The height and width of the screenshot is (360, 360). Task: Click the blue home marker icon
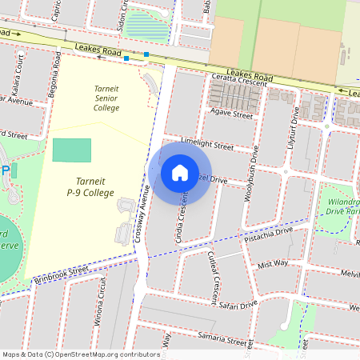coord(180,172)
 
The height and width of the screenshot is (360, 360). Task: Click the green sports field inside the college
coord(72,150)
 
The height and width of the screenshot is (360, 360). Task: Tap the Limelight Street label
coord(207,145)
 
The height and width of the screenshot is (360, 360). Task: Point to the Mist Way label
coord(273,263)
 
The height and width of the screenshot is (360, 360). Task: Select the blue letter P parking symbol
coord(5,170)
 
